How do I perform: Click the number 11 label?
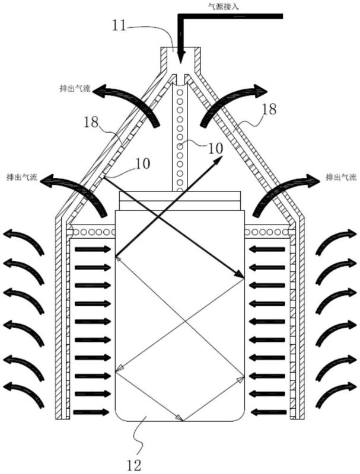pyautogui.click(x=119, y=26)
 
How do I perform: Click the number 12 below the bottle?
pyautogui.click(x=133, y=465)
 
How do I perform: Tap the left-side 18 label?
pyautogui.click(x=91, y=122)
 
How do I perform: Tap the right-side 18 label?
pyautogui.click(x=269, y=109)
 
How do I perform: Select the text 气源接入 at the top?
pyautogui.click(x=224, y=7)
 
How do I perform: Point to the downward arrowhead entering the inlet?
pyautogui.click(x=181, y=57)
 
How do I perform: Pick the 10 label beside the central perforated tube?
pyautogui.click(x=215, y=149)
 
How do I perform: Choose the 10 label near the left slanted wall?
pyautogui.click(x=142, y=164)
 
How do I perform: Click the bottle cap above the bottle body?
pyautogui.click(x=180, y=201)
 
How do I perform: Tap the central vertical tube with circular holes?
pyautogui.click(x=181, y=137)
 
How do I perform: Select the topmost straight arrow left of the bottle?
pyautogui.click(x=93, y=249)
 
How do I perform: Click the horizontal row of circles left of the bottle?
pyautogui.click(x=93, y=232)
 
